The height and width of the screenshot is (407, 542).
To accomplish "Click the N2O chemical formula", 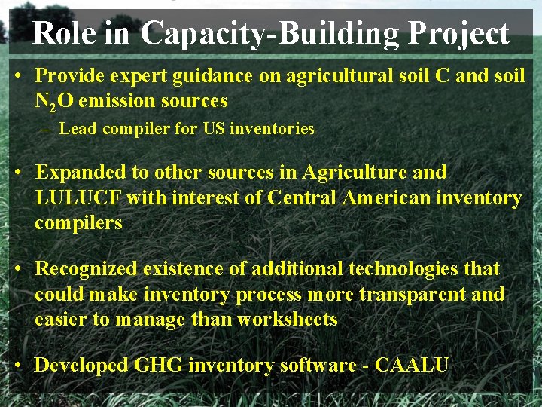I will click(54, 101).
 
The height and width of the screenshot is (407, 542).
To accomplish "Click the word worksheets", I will click(288, 320).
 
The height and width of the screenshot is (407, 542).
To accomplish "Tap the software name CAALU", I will click(412, 366).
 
